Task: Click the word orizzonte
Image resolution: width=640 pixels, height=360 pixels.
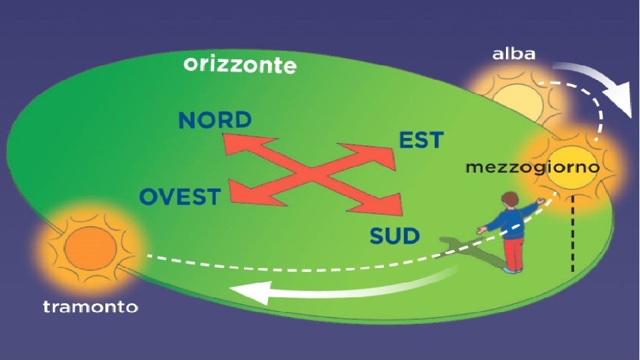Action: point(239,65)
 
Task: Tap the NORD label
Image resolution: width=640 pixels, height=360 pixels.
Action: point(215,120)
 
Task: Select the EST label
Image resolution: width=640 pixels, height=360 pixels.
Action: point(421,141)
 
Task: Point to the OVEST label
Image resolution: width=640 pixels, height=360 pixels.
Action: point(179,197)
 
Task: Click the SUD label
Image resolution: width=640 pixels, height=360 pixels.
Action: point(395,235)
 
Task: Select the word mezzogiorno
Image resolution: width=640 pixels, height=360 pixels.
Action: point(532,167)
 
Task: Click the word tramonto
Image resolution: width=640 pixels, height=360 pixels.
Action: point(90,307)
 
